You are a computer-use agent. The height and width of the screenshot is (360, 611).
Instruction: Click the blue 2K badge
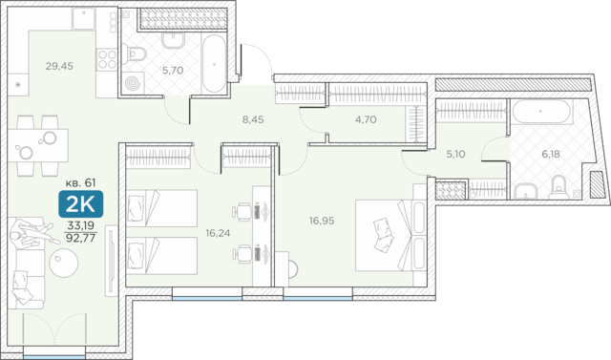(x=80, y=203)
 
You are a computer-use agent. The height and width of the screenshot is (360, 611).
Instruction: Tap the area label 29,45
(x=59, y=66)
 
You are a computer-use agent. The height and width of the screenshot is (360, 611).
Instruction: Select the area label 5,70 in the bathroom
(x=173, y=71)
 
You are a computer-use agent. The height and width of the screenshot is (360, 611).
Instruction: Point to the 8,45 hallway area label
(x=253, y=119)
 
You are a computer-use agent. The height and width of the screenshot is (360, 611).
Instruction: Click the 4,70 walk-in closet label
(x=366, y=119)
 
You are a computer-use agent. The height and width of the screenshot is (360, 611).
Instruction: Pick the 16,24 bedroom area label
(x=218, y=233)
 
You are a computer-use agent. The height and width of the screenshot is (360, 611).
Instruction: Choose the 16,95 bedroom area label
(x=322, y=221)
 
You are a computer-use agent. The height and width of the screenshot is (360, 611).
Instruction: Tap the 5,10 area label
(x=455, y=154)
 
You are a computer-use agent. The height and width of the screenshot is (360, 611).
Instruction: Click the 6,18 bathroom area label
(x=551, y=154)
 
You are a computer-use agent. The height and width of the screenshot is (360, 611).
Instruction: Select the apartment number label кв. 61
(x=80, y=182)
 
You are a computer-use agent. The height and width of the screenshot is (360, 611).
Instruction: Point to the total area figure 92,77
(x=80, y=238)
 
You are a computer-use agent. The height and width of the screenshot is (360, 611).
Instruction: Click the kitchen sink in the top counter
(x=83, y=18)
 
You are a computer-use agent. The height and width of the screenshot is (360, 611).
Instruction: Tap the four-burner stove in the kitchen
(x=107, y=59)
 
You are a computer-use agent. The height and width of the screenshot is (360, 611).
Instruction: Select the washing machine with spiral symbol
(x=133, y=83)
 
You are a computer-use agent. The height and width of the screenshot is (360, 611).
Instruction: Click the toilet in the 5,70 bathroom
(x=134, y=53)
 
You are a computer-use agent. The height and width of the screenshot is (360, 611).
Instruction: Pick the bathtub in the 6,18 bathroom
(x=541, y=112)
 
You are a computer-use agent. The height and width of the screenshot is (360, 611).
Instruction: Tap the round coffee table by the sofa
(x=64, y=263)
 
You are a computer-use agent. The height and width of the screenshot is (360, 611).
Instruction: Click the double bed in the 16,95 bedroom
(x=390, y=235)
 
